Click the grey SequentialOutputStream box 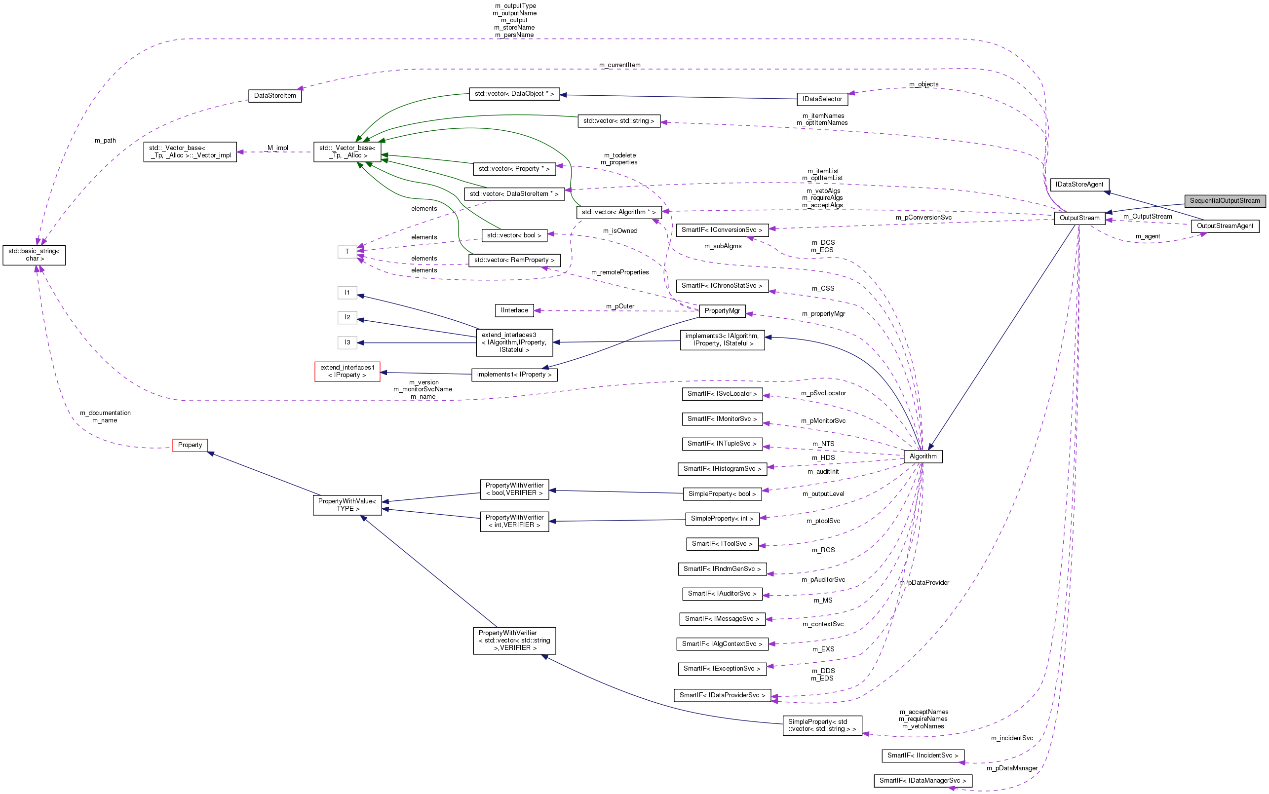[x=1225, y=201]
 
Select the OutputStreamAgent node [x=1225, y=226]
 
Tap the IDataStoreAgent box [x=1079, y=185]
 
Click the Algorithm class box [x=923, y=456]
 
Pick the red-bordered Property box [x=190, y=445]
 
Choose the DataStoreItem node [x=275, y=96]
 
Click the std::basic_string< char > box [x=34, y=255]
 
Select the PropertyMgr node [x=722, y=311]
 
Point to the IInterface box [x=514, y=310]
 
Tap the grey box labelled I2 [x=347, y=317]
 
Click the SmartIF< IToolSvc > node [x=722, y=543]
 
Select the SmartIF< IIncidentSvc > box [x=923, y=755]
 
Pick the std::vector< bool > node [x=514, y=235]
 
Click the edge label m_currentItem [x=619, y=65]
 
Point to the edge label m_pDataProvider [x=924, y=582]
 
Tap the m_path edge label [x=105, y=140]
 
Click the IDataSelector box [x=822, y=99]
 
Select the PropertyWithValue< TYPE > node [x=346, y=505]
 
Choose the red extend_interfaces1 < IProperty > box [x=347, y=371]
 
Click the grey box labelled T [x=347, y=252]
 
